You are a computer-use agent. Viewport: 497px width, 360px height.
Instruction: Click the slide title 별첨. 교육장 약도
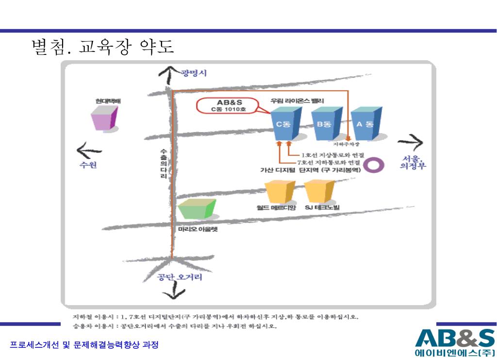pos(102,47)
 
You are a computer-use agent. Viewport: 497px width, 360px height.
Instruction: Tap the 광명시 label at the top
pos(194,73)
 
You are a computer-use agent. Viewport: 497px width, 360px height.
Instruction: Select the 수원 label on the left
pos(88,165)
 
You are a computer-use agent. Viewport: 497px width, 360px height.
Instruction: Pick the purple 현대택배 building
pos(104,118)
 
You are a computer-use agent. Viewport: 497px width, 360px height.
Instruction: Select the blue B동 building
pos(324,123)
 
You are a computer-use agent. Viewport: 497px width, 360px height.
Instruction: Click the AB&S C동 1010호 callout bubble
pos(229,106)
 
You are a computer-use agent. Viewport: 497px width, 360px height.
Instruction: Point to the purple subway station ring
pos(374,165)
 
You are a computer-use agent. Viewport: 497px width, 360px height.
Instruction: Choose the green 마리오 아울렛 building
pos(196,209)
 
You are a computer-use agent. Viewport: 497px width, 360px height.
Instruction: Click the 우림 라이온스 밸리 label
pos(298,101)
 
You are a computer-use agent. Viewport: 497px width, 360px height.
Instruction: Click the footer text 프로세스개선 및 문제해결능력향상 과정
pos(84,345)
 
